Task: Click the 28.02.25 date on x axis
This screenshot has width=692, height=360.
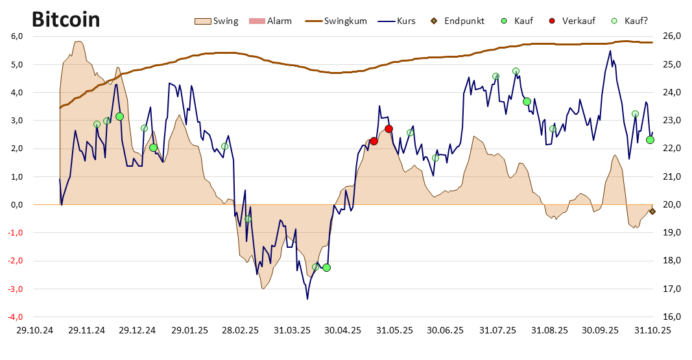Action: (240, 330)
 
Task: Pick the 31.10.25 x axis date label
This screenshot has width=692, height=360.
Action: (652, 330)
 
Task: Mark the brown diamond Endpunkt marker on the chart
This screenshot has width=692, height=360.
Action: (652, 211)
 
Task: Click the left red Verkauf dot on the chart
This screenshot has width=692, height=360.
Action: (374, 141)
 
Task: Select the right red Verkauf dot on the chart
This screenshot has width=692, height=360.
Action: (389, 128)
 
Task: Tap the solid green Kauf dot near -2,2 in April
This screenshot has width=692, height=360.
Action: (326, 267)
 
